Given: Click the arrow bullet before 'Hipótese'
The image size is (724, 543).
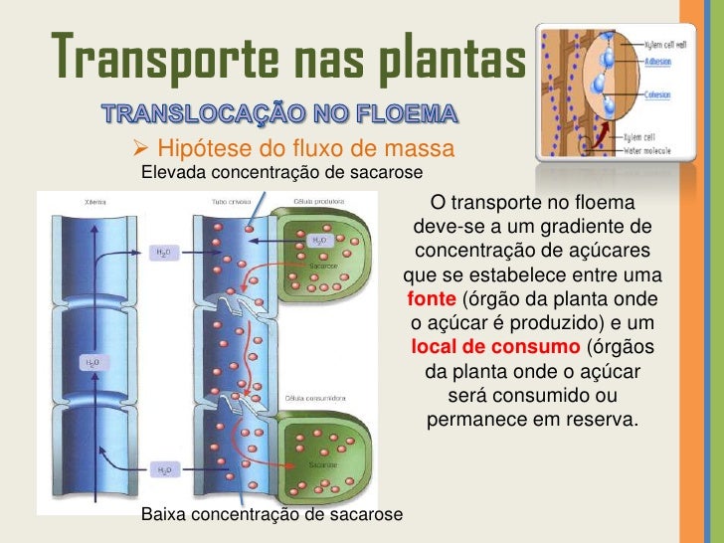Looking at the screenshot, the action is [x=140, y=149].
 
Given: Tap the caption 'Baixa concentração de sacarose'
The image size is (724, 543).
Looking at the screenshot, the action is [x=273, y=514].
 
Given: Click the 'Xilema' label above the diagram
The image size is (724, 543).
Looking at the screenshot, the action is [x=95, y=201].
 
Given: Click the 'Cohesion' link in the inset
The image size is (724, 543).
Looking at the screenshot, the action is [x=657, y=96].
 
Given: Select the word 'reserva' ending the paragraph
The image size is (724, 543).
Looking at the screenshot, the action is [x=601, y=420].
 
